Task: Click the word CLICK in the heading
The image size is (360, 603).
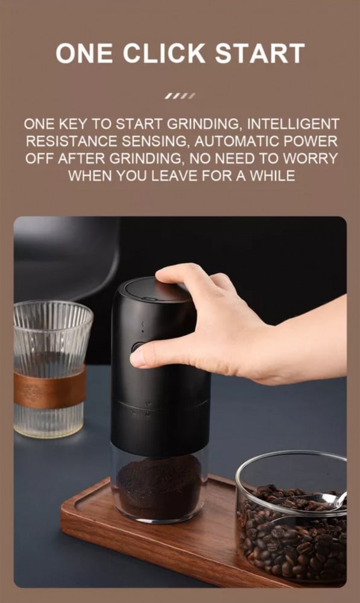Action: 164,53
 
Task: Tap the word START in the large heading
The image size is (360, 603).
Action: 260,53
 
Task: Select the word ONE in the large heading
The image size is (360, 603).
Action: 84,53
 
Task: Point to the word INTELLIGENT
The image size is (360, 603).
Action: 293,124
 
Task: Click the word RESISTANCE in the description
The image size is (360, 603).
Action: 72,141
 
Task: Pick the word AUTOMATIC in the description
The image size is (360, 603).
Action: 237,141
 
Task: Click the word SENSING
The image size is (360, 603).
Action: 155,141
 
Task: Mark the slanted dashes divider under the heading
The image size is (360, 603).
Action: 180,96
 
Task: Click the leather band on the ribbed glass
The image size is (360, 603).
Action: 50,388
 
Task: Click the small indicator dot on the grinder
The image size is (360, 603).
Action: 143,330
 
